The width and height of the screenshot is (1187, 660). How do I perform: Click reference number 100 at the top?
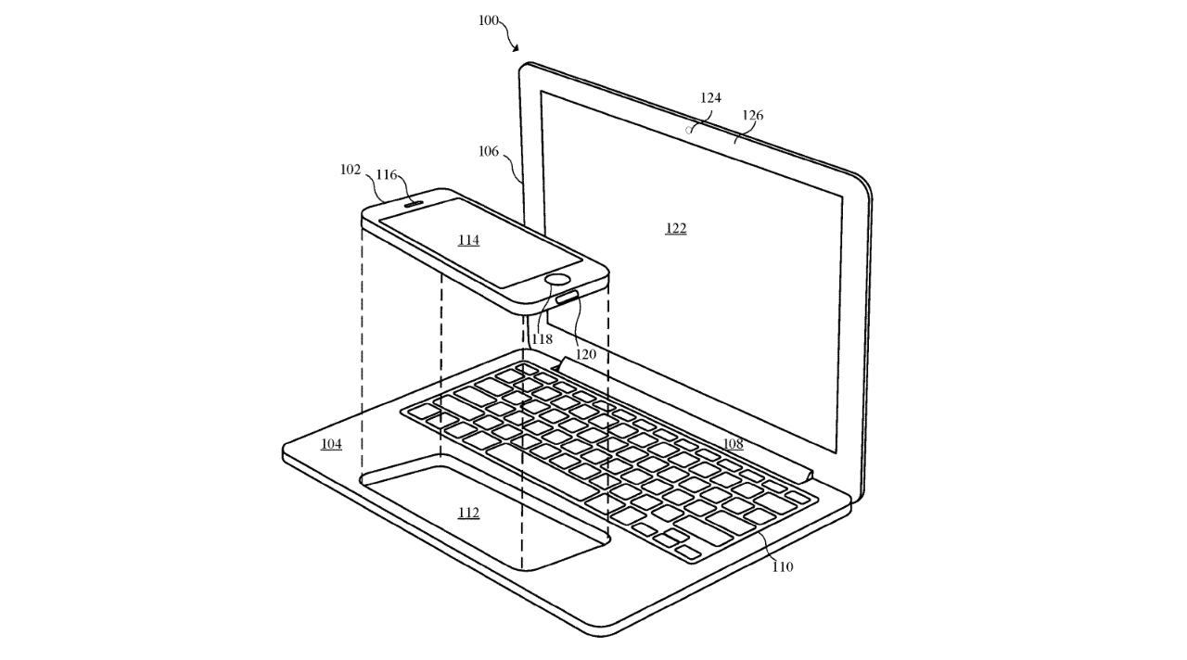489,20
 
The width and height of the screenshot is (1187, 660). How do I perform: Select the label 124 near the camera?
710,98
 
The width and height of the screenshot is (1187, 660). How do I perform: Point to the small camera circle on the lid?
689,130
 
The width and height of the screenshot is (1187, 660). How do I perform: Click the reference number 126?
752,116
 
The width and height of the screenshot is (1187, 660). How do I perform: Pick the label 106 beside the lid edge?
488,151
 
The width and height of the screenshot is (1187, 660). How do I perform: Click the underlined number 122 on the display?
676,228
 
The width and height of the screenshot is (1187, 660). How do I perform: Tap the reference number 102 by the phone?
350,170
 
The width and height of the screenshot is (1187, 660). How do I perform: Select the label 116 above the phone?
387,175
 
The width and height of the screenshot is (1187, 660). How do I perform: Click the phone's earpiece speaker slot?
414,202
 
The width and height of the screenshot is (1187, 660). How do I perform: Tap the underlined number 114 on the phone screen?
468,240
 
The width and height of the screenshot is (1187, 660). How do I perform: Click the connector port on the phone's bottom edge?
567,298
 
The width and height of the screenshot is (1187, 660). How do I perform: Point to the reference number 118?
542,339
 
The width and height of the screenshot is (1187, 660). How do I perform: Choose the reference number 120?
585,354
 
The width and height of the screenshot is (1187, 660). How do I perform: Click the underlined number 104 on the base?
331,444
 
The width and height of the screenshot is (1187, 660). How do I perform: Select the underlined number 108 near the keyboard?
733,444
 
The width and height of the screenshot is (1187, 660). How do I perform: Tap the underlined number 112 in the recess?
468,513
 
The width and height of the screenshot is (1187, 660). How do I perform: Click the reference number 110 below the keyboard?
782,567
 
